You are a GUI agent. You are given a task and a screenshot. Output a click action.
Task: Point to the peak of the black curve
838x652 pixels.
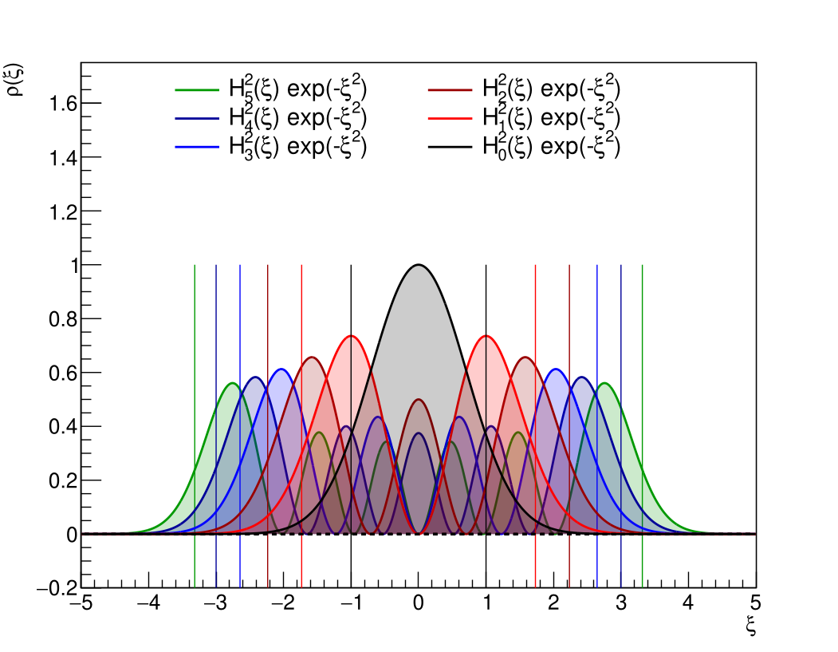(x=419, y=265)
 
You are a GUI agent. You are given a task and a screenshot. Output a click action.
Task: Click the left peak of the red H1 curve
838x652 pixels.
(x=351, y=336)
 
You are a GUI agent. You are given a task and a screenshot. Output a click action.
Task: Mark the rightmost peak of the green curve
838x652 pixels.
(x=604, y=383)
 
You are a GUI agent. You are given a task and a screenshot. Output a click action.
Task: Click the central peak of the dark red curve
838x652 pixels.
(x=419, y=400)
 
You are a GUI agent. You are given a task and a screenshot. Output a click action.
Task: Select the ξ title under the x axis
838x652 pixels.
(x=750, y=628)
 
